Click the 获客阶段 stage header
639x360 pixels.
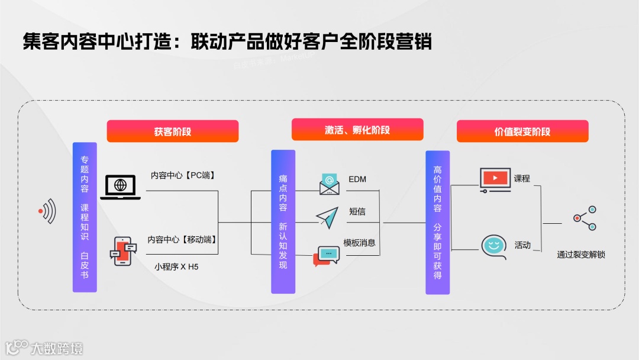pyautogui.click(x=172, y=131)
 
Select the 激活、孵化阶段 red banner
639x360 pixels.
pyautogui.click(x=357, y=130)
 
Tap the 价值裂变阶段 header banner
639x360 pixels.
pyautogui.click(x=522, y=131)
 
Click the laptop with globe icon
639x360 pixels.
pyautogui.click(x=120, y=187)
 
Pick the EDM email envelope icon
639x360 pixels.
pyautogui.click(x=330, y=184)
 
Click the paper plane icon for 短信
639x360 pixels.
pyautogui.click(x=327, y=217)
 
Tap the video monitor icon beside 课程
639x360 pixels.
pyautogui.click(x=495, y=179)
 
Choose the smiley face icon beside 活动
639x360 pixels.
pyautogui.click(x=493, y=246)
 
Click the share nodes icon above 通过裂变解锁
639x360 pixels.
pyautogui.click(x=585, y=218)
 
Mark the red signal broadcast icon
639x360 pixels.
pyautogui.click(x=47, y=211)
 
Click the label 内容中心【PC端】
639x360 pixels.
pyautogui.click(x=183, y=175)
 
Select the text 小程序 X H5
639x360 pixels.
pyautogui.click(x=176, y=266)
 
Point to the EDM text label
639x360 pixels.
pyautogui.click(x=357, y=179)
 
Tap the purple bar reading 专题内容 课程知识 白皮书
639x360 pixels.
pyautogui.click(x=85, y=217)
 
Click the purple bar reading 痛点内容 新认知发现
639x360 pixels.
pyautogui.click(x=283, y=221)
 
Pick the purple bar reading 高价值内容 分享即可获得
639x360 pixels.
pyautogui.click(x=437, y=222)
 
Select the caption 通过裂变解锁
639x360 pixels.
pyautogui.click(x=581, y=255)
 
